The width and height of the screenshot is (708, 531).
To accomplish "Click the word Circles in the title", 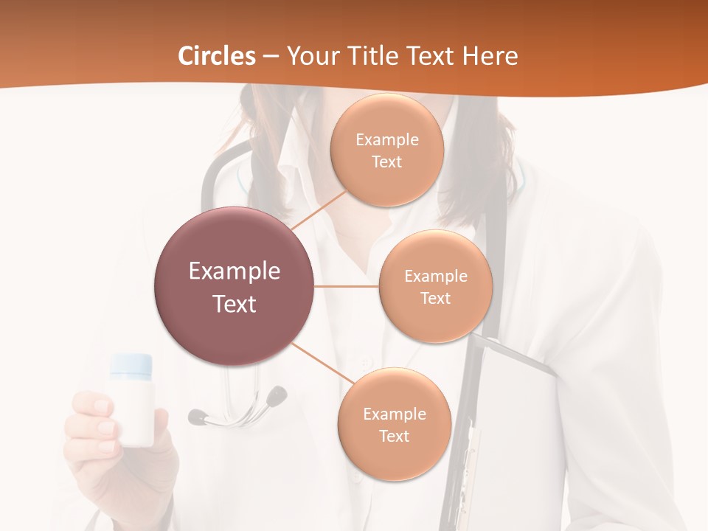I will point(217,56).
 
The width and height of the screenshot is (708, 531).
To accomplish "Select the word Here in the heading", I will point(490,56).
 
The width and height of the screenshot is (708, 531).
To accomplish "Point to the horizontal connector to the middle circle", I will point(347,286).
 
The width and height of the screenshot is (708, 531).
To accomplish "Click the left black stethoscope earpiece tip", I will point(197,417).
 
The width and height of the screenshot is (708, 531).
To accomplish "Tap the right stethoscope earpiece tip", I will point(277,396).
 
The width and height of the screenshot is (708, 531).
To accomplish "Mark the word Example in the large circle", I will point(235,271).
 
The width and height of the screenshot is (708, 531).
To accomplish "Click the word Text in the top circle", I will point(386,162).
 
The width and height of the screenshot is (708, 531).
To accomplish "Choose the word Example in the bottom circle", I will point(394,414).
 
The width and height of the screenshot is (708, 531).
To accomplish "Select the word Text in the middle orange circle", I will point(435,298).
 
